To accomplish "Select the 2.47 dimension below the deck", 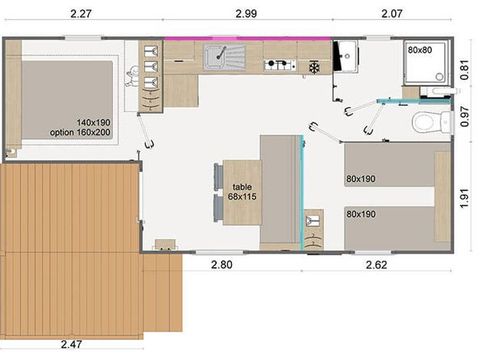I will [x=70, y=345].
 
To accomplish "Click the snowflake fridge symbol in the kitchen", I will [x=315, y=67].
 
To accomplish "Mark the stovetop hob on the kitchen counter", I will [x=279, y=66].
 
